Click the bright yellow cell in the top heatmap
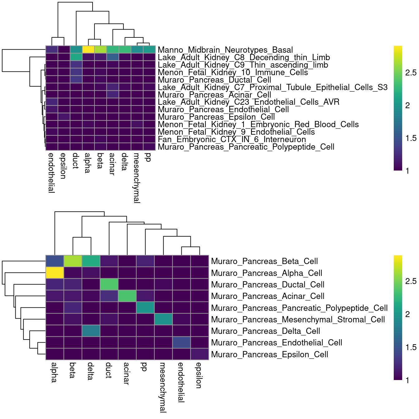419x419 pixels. click(x=89, y=50)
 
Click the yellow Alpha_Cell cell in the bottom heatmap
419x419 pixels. click(x=55, y=273)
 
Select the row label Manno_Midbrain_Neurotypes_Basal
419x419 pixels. click(x=225, y=50)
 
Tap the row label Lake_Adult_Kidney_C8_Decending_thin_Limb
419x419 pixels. click(x=244, y=57)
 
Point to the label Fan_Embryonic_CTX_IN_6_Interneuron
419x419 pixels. click(x=232, y=139)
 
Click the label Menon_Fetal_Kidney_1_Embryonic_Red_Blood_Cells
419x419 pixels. click(x=258, y=124)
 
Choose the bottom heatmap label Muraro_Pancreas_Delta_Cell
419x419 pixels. click(x=266, y=331)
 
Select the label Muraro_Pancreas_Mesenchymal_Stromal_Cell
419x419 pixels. click(x=298, y=320)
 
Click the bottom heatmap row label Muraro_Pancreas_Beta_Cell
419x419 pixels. click(x=264, y=261)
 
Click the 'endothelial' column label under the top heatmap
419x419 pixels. click(x=52, y=173)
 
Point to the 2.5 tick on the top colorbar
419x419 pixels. click(x=411, y=73)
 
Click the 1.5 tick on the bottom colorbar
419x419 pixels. click(x=411, y=347)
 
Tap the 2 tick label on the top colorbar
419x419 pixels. click(x=407, y=105)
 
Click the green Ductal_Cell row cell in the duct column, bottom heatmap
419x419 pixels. click(x=109, y=284)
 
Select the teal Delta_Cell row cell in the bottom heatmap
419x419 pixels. click(x=91, y=331)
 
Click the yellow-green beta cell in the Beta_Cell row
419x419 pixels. click(x=73, y=261)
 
